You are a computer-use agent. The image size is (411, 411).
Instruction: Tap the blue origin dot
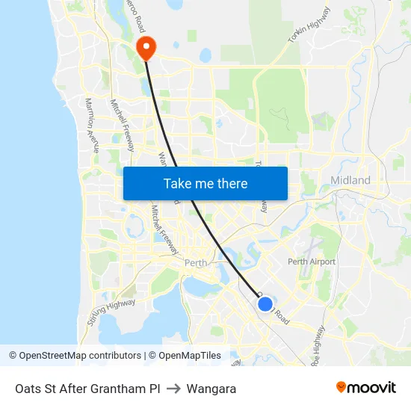[265, 303]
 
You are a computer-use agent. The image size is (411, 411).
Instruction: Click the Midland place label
[350, 180]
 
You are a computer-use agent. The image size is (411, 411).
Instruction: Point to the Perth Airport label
[312, 262]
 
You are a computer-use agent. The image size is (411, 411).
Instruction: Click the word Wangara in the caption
[211, 389]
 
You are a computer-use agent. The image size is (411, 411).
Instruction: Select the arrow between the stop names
[173, 389]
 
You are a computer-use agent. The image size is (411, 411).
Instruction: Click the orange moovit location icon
[342, 387]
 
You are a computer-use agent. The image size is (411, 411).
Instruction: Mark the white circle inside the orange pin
[145, 46]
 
